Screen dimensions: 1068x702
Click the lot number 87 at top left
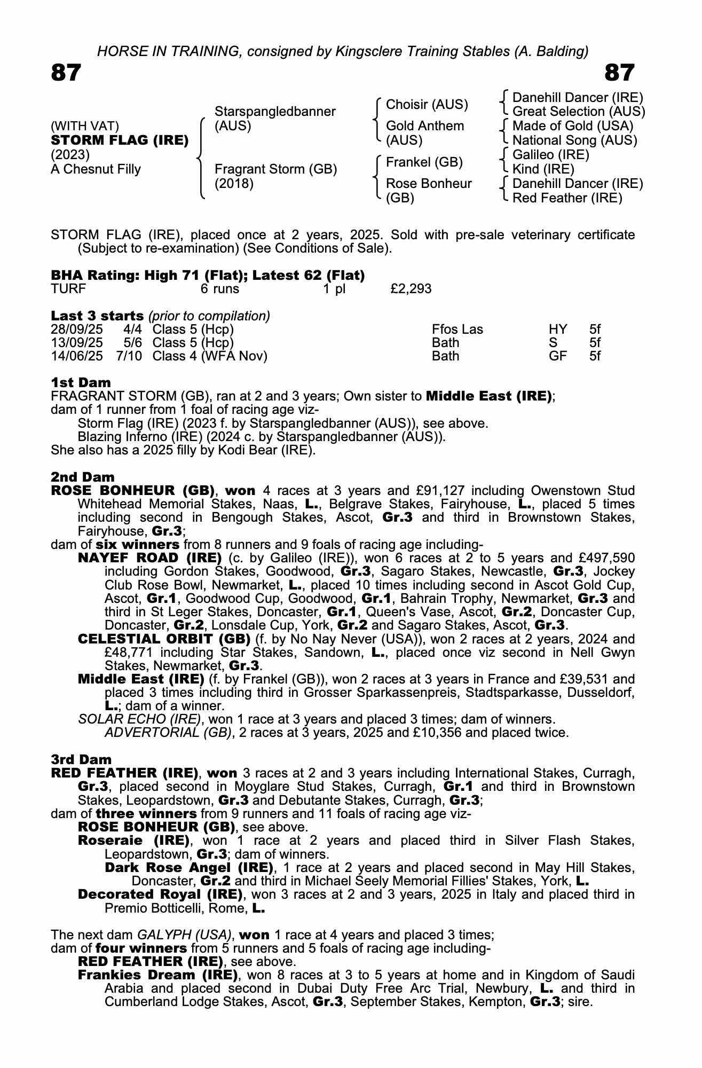66,73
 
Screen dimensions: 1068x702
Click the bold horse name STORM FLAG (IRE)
120,140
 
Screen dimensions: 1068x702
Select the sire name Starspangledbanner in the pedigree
275,112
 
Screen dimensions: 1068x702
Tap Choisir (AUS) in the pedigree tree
427,105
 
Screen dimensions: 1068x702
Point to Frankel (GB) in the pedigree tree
424,162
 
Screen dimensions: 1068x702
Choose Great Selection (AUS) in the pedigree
579,112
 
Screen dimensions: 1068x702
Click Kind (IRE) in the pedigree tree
543,169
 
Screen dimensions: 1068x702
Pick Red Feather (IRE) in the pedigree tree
567,198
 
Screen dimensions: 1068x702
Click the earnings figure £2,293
411,289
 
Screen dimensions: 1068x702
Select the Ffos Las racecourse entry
457,329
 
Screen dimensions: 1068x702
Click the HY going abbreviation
558,329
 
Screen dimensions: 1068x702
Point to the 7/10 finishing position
129,356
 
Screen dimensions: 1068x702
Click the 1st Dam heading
81,382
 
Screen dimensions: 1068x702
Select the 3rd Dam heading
81,759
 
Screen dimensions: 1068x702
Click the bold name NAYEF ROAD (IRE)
149,558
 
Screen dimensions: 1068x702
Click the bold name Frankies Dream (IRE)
157,975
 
